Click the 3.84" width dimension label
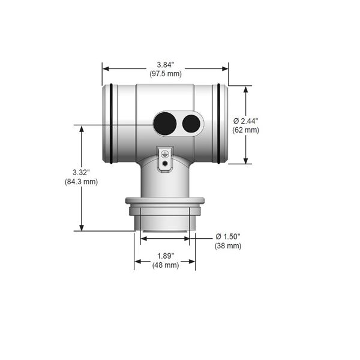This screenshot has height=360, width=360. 166,65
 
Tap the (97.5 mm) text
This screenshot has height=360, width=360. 166,74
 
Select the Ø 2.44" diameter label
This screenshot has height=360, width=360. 245,121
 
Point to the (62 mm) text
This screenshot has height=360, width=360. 245,130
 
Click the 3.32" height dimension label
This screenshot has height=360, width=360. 81,172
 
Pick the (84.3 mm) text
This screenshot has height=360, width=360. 81,182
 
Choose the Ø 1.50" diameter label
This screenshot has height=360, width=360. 228,236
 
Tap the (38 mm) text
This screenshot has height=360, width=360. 228,246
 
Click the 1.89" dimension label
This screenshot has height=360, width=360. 166,256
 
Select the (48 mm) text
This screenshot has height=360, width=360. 166,265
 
